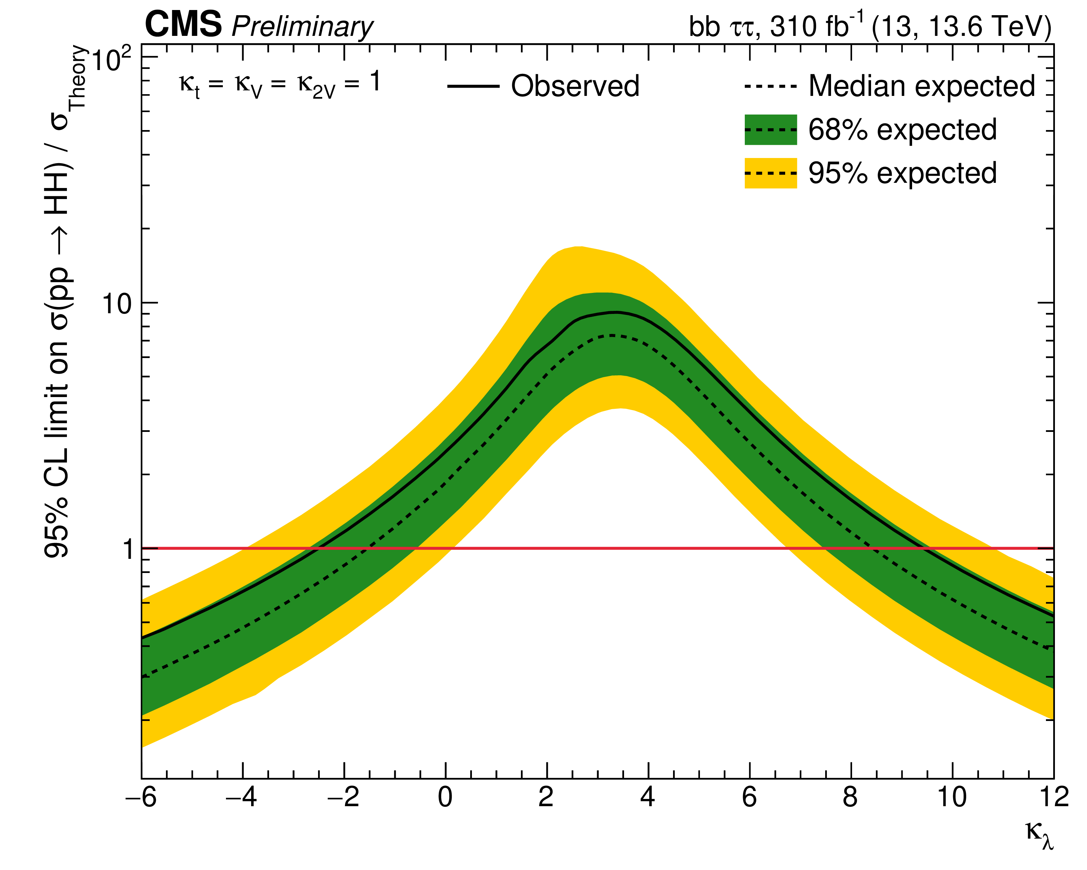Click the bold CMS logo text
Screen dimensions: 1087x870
click(183, 24)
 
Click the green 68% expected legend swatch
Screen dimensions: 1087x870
click(770, 130)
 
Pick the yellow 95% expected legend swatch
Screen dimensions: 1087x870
click(770, 173)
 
